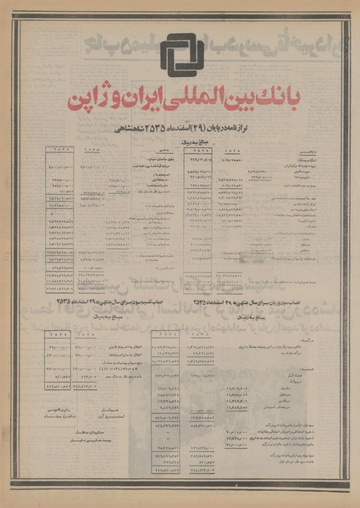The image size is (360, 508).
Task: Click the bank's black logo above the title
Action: [182, 57]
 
